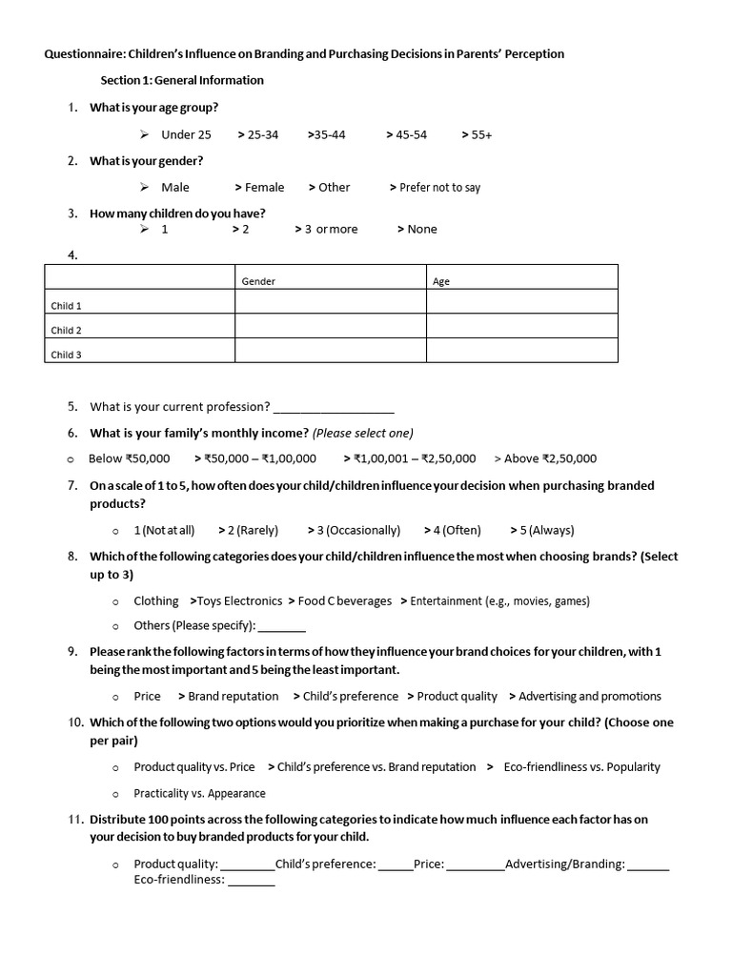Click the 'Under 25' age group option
click(x=186, y=135)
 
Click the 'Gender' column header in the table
click(x=258, y=282)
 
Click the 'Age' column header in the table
click(x=441, y=282)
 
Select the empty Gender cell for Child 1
click(x=330, y=302)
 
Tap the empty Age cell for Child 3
click(x=521, y=351)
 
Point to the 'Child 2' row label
click(x=67, y=331)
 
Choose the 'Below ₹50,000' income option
click(x=129, y=458)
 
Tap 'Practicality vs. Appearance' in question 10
click(x=199, y=793)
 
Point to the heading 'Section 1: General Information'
click(x=182, y=80)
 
